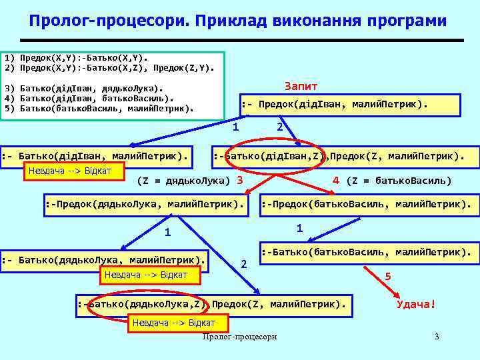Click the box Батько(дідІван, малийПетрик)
[97, 156]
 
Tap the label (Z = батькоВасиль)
[400, 181]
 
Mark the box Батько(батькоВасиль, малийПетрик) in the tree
[369, 253]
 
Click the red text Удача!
[415, 305]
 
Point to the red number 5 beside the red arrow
[388, 276]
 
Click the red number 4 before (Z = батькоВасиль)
[336, 180]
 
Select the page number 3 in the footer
[437, 337]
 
